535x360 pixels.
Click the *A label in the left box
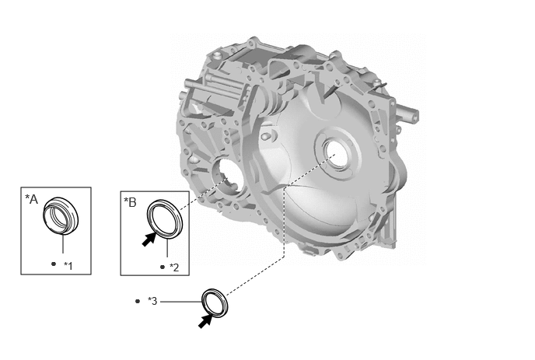click(31, 199)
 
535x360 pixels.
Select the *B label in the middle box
click(130, 202)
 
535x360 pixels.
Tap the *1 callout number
click(68, 265)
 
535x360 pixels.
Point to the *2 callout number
click(174, 267)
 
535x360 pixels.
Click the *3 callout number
click(152, 301)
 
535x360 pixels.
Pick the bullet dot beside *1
click(54, 264)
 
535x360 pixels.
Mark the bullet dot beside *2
click(163, 267)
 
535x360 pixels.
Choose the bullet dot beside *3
click(138, 301)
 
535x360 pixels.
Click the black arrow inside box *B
click(149, 239)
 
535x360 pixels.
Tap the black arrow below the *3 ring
click(205, 321)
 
